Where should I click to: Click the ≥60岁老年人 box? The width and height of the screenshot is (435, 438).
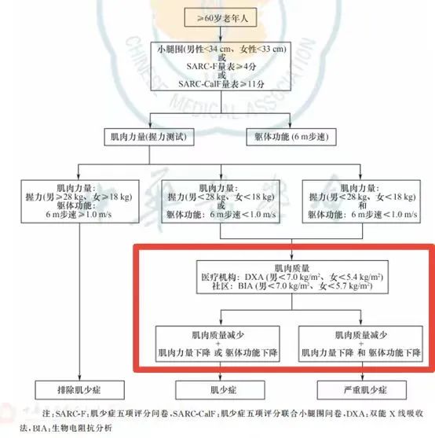221,18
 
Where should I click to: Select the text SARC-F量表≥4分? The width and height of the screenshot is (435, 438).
221,67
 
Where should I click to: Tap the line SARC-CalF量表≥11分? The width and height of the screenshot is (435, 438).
221,84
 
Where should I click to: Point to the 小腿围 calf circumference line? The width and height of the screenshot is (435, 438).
221,50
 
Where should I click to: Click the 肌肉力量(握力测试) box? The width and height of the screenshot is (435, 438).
149,137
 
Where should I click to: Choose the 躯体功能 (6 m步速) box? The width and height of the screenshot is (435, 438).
291,137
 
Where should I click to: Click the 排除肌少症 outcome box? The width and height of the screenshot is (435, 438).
79,390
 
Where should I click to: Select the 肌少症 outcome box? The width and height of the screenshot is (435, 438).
221,390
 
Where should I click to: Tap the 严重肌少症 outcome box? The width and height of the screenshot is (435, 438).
362,390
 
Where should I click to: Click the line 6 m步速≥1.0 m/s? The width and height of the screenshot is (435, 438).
79,215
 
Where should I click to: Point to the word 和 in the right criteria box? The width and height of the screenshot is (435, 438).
362,206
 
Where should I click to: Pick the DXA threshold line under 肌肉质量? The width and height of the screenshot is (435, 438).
292,277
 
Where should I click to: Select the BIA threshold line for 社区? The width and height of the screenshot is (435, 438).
292,286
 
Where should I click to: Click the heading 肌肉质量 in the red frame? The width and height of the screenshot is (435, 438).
292,268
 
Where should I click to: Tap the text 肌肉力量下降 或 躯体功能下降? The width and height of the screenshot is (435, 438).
217,352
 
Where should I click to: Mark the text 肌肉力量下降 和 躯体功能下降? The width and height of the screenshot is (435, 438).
361,352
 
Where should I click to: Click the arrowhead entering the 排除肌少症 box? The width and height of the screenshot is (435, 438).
79,377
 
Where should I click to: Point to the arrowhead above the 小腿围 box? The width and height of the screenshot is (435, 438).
221,39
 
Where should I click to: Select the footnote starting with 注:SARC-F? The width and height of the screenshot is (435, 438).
221,421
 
